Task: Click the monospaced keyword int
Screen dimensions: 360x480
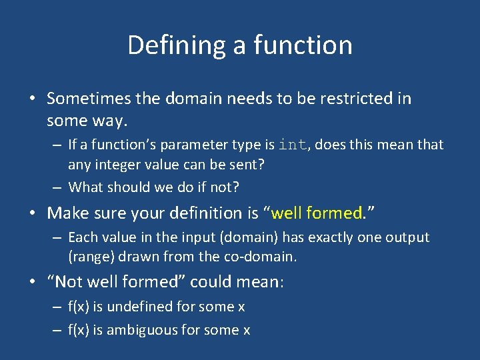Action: pyautogui.click(x=293, y=145)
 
